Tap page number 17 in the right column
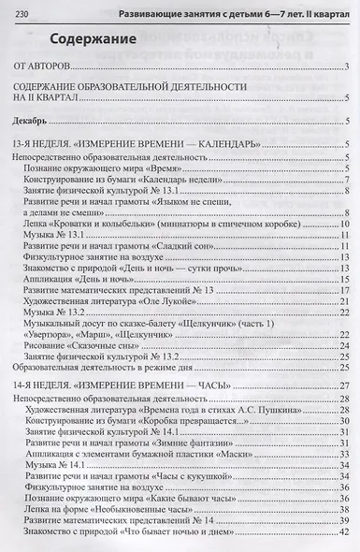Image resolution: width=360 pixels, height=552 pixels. point(343,292)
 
